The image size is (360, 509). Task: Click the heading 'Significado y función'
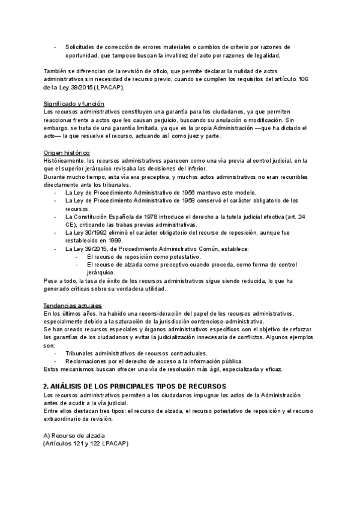(x=74, y=104)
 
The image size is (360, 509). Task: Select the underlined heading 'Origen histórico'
(x=67, y=152)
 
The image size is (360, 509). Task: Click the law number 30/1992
(x=98, y=232)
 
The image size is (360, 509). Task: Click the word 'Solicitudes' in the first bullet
(x=84, y=47)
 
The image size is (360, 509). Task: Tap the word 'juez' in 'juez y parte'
(x=194, y=136)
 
